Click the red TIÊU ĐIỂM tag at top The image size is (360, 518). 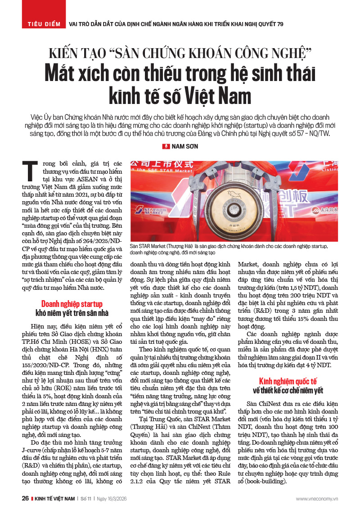coord(44,23)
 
